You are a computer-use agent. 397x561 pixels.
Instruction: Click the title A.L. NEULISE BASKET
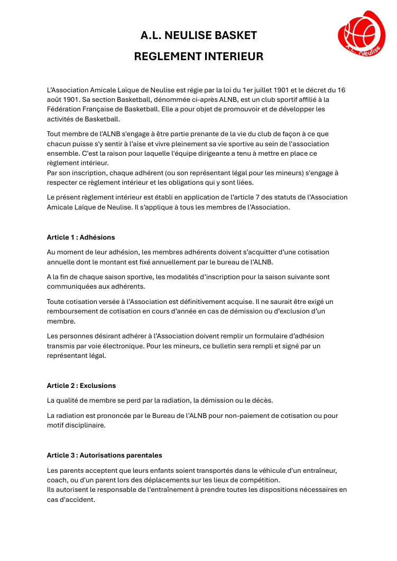(x=198, y=35)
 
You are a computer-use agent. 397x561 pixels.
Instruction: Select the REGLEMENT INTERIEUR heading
(x=198, y=56)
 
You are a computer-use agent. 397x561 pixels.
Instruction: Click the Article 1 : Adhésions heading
(x=81, y=237)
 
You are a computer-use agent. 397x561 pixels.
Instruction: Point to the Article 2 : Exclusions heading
(x=81, y=385)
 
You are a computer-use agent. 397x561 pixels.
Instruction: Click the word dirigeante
(x=207, y=153)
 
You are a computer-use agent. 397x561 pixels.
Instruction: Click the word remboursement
(x=71, y=311)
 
